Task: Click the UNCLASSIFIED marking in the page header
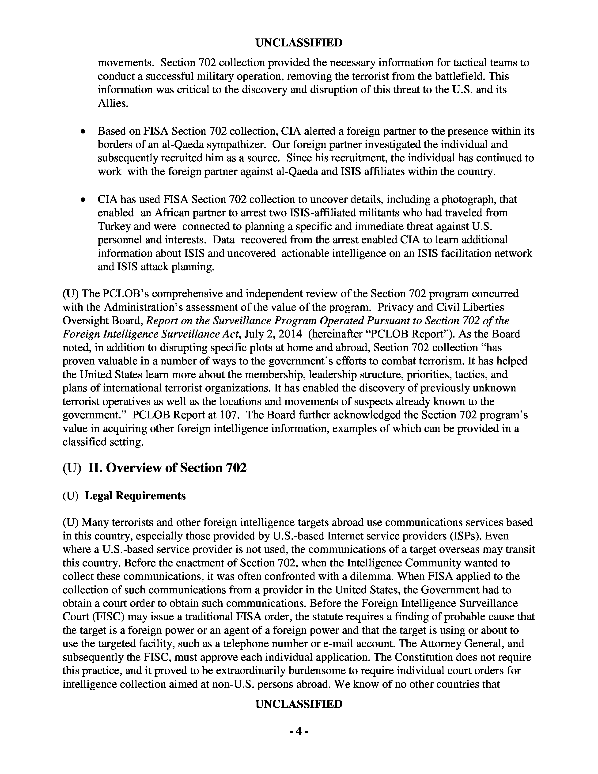tap(299, 43)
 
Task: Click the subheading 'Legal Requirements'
tap(135, 495)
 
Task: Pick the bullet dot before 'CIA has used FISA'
tap(83, 200)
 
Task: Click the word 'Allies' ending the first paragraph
tap(112, 103)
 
